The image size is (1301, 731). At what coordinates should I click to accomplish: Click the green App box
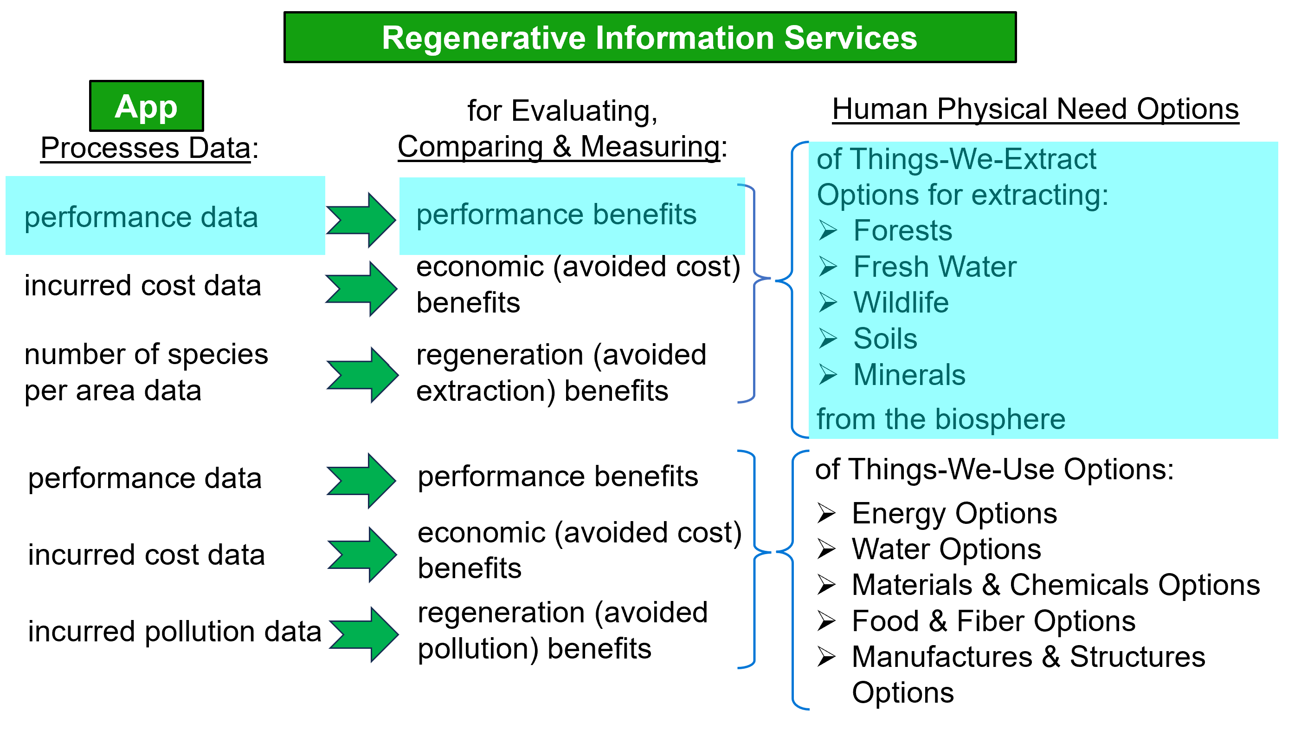[147, 106]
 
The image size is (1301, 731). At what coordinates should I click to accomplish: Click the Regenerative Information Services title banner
[650, 38]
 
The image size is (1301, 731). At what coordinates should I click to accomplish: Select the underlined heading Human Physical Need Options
[1035, 109]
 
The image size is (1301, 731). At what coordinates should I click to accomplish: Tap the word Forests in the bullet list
[902, 231]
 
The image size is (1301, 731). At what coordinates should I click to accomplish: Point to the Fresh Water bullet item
[934, 267]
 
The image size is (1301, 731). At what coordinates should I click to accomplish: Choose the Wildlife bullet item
[901, 303]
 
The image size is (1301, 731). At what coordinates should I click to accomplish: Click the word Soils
[885, 339]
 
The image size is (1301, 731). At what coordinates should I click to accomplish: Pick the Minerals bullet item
[909, 375]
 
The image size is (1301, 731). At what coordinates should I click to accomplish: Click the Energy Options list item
[954, 514]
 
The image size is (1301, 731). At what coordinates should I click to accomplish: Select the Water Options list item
[946, 549]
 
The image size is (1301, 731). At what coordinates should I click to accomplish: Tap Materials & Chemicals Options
[1056, 586]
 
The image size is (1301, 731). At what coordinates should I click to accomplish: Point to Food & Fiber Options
[993, 621]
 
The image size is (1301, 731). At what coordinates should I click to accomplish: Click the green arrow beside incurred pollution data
[364, 634]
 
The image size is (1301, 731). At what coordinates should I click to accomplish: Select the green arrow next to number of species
[363, 375]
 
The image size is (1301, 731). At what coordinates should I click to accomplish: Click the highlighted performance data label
[142, 217]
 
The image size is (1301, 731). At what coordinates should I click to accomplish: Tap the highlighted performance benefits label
[556, 215]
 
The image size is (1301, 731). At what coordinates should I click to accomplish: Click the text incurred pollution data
[175, 632]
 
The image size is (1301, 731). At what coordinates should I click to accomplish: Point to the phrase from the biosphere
[941, 419]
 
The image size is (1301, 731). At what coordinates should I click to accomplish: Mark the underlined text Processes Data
[145, 148]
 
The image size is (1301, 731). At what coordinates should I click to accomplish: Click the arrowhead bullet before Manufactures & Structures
[826, 657]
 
